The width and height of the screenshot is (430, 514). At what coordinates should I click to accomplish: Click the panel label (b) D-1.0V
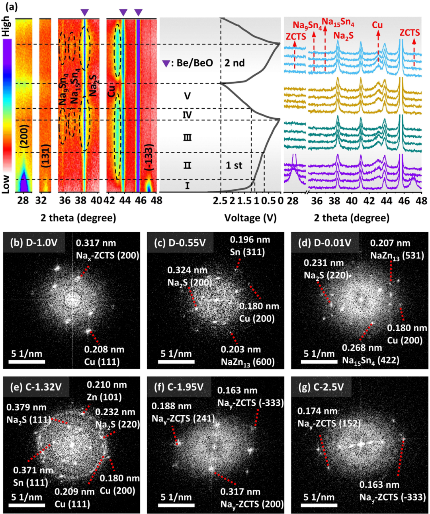click(34, 242)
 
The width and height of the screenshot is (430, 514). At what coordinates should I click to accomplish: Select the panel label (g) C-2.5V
click(323, 387)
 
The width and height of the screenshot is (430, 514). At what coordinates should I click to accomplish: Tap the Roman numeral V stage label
click(187, 96)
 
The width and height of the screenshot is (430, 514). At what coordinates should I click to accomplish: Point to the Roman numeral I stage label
click(187, 186)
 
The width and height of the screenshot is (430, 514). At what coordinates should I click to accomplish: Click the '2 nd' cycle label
click(235, 63)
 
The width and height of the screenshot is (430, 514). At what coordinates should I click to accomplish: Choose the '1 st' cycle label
click(234, 165)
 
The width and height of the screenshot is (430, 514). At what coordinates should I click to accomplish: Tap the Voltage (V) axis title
click(250, 218)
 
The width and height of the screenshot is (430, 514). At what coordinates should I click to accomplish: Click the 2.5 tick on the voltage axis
click(220, 201)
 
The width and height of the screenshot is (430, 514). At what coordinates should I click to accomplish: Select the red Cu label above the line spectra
click(377, 25)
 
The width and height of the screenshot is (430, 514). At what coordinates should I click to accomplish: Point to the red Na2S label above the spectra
click(343, 36)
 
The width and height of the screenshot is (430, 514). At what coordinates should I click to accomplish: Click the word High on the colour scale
click(6, 26)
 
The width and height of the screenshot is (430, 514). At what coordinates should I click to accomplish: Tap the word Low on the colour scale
click(6, 184)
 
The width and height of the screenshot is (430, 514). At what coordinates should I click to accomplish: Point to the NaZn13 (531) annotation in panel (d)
click(390, 249)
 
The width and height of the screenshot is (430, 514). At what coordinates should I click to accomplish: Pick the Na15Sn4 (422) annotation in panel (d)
click(370, 354)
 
